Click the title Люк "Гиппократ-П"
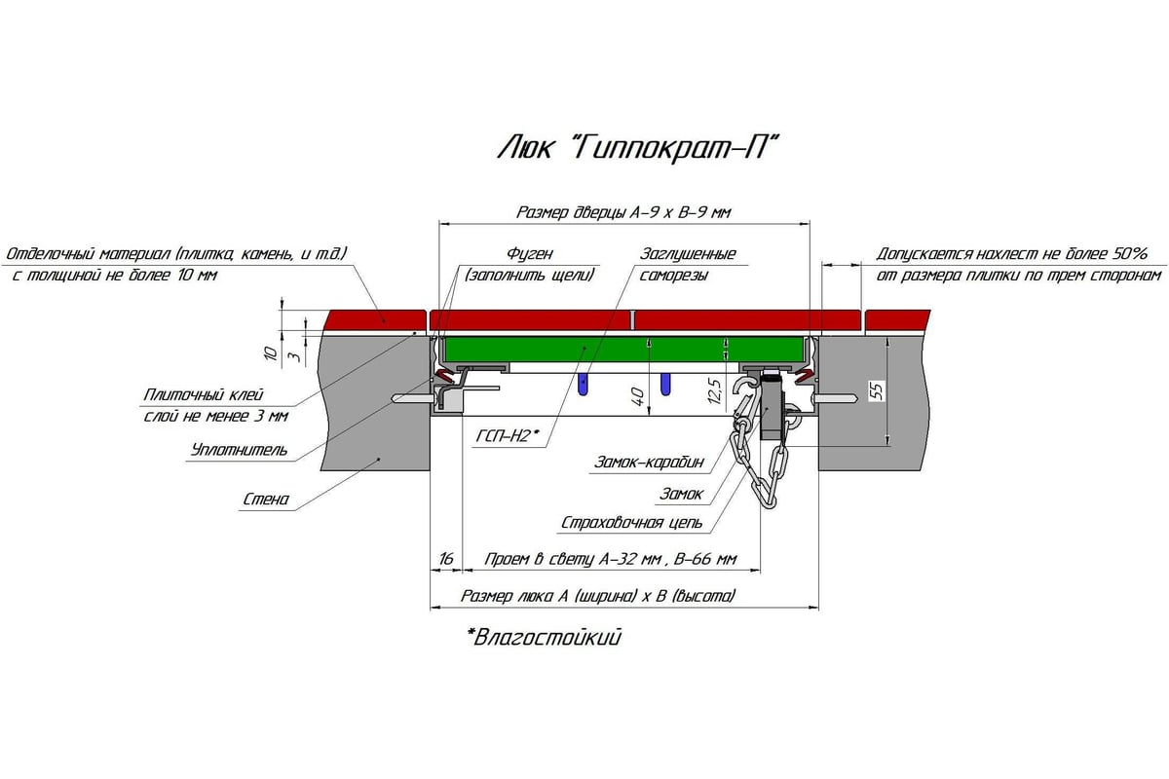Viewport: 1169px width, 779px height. click(638, 148)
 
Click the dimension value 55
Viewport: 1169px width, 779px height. click(878, 390)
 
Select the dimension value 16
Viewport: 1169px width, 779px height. click(446, 559)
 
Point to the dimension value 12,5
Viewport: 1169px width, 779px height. click(715, 391)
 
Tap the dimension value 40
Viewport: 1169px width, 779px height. click(638, 397)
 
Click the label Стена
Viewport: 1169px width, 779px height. click(266, 500)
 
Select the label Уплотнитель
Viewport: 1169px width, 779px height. click(239, 450)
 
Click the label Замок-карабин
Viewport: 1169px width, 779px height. click(649, 462)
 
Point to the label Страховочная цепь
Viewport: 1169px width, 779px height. click(631, 523)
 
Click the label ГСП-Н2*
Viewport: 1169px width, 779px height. click(507, 435)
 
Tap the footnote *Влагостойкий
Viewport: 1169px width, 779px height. click(544, 637)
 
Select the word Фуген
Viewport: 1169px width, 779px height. click(530, 254)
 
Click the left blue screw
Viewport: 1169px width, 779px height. click(583, 385)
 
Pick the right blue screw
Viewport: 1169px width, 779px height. click(665, 384)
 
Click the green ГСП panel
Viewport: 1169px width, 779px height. click(623, 349)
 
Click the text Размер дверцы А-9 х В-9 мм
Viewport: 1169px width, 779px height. click(623, 213)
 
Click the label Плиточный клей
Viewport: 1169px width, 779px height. click(204, 395)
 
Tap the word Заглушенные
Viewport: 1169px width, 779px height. click(688, 254)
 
